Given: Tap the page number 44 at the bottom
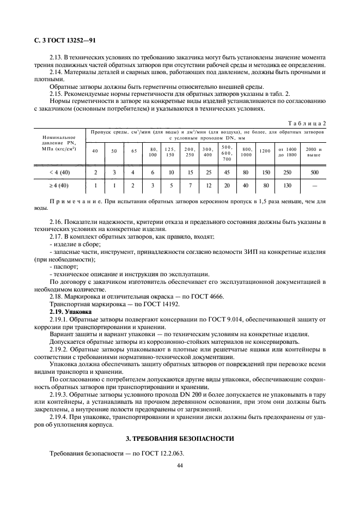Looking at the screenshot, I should (x=180, y=466).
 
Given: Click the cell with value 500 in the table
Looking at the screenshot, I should (x=314, y=173).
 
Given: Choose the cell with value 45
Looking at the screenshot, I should (x=227, y=173).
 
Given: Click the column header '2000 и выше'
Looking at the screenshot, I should (x=314, y=151).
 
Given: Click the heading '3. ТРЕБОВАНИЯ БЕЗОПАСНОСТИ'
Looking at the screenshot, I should (x=180, y=438).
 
